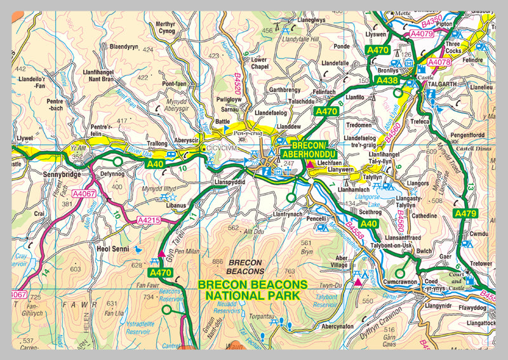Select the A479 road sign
tap(465, 214)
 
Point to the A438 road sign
tap(387, 81)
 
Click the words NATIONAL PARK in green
tap(252, 295)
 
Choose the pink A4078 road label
tap(438, 62)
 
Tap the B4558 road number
tap(355, 231)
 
